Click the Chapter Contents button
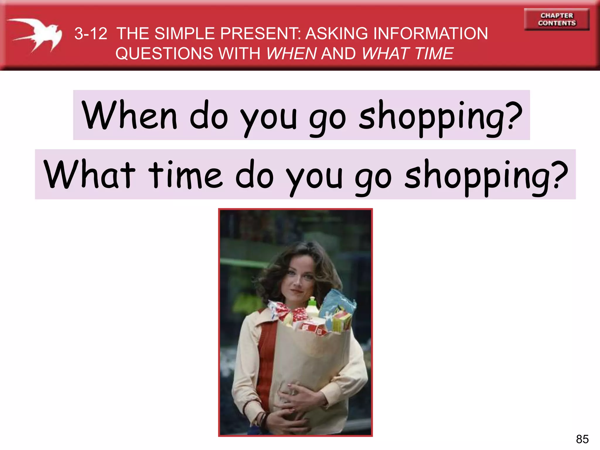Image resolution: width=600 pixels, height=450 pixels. tap(557, 19)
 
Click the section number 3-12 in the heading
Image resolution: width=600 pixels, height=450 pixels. tap(91, 33)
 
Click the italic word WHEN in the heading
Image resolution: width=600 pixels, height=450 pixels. tap(292, 54)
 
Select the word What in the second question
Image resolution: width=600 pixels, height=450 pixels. tap(89, 175)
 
